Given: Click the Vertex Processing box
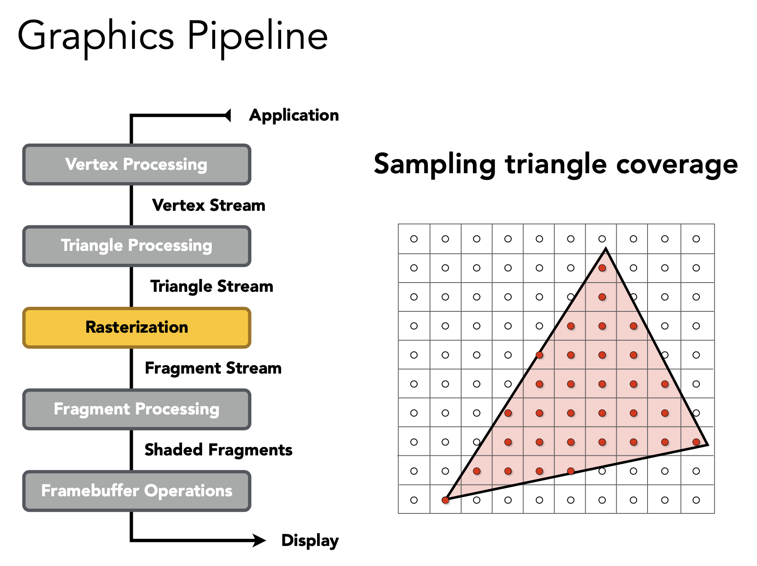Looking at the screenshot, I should [137, 164].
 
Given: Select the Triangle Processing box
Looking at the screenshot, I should [137, 246].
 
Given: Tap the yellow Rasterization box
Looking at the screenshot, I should [137, 328].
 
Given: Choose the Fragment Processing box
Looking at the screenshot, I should [137, 409].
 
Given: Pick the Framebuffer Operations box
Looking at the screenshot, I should [137, 491].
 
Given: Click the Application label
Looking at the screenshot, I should [294, 115].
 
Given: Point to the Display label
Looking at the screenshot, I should [310, 541].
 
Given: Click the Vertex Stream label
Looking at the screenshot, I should [208, 205].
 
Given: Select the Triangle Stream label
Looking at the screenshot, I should [211, 287].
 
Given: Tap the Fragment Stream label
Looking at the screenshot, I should [213, 368].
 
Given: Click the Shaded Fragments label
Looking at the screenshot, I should [218, 450].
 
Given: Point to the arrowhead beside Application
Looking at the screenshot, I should [228, 115].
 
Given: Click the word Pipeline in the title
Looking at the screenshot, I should [257, 37].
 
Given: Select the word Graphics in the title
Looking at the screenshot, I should [95, 37].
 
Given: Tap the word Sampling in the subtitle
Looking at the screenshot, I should [434, 164].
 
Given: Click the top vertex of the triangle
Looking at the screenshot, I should [606, 249].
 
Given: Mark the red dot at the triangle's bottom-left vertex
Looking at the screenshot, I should [446, 500].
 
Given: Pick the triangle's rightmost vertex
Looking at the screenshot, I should [707, 445].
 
